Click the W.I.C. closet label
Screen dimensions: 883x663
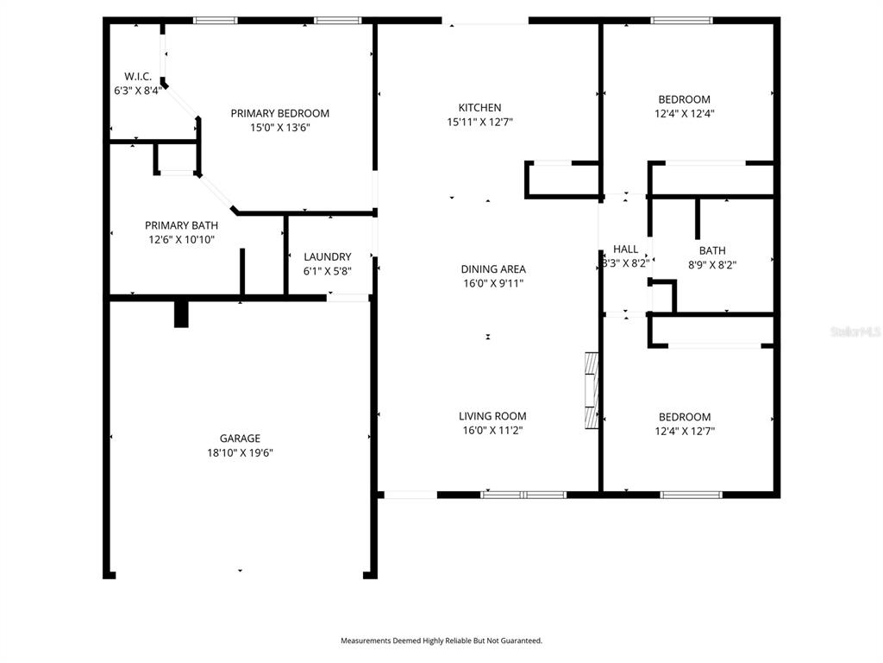pyautogui.click(x=138, y=77)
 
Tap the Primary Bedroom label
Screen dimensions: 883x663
pyautogui.click(x=280, y=113)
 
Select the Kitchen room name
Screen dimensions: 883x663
pyautogui.click(x=479, y=108)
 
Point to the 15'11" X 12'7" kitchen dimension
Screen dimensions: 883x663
pyautogui.click(x=479, y=122)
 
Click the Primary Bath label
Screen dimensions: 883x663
pyautogui.click(x=181, y=225)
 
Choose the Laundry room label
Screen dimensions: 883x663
pyautogui.click(x=327, y=257)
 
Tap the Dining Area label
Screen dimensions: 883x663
pyautogui.click(x=493, y=269)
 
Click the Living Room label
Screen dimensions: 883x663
pyautogui.click(x=492, y=417)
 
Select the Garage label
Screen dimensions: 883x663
pyautogui.click(x=240, y=439)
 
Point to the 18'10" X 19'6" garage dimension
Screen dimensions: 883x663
pyautogui.click(x=240, y=452)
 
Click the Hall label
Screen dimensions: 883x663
pyautogui.click(x=626, y=249)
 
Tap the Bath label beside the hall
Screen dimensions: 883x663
pyautogui.click(x=712, y=251)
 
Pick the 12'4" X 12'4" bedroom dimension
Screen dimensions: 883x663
pyautogui.click(x=684, y=113)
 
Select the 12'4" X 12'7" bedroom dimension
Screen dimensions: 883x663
pyautogui.click(x=685, y=432)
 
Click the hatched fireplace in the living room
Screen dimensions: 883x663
pyautogui.click(x=592, y=391)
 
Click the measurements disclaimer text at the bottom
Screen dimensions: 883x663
pyautogui.click(x=441, y=641)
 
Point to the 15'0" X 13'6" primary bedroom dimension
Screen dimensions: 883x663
pyautogui.click(x=280, y=128)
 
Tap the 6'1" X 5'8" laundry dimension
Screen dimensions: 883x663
pyautogui.click(x=327, y=271)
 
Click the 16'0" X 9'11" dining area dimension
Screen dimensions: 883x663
pyautogui.click(x=493, y=283)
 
